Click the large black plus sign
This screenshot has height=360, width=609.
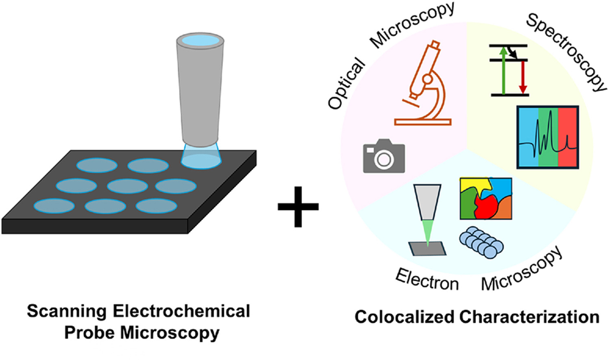298,206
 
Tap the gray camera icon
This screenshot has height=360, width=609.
383,156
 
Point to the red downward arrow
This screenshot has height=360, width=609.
523,77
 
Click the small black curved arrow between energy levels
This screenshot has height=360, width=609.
513,52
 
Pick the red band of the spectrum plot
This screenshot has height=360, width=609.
568,137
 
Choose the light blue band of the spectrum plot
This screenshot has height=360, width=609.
528,137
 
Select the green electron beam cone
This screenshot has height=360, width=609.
427,232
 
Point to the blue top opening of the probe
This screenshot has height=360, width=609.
200,40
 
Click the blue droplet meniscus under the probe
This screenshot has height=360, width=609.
201,156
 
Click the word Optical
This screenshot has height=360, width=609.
346,83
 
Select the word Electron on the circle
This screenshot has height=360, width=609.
427,279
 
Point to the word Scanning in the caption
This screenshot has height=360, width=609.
67,311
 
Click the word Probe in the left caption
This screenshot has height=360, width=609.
89,332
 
